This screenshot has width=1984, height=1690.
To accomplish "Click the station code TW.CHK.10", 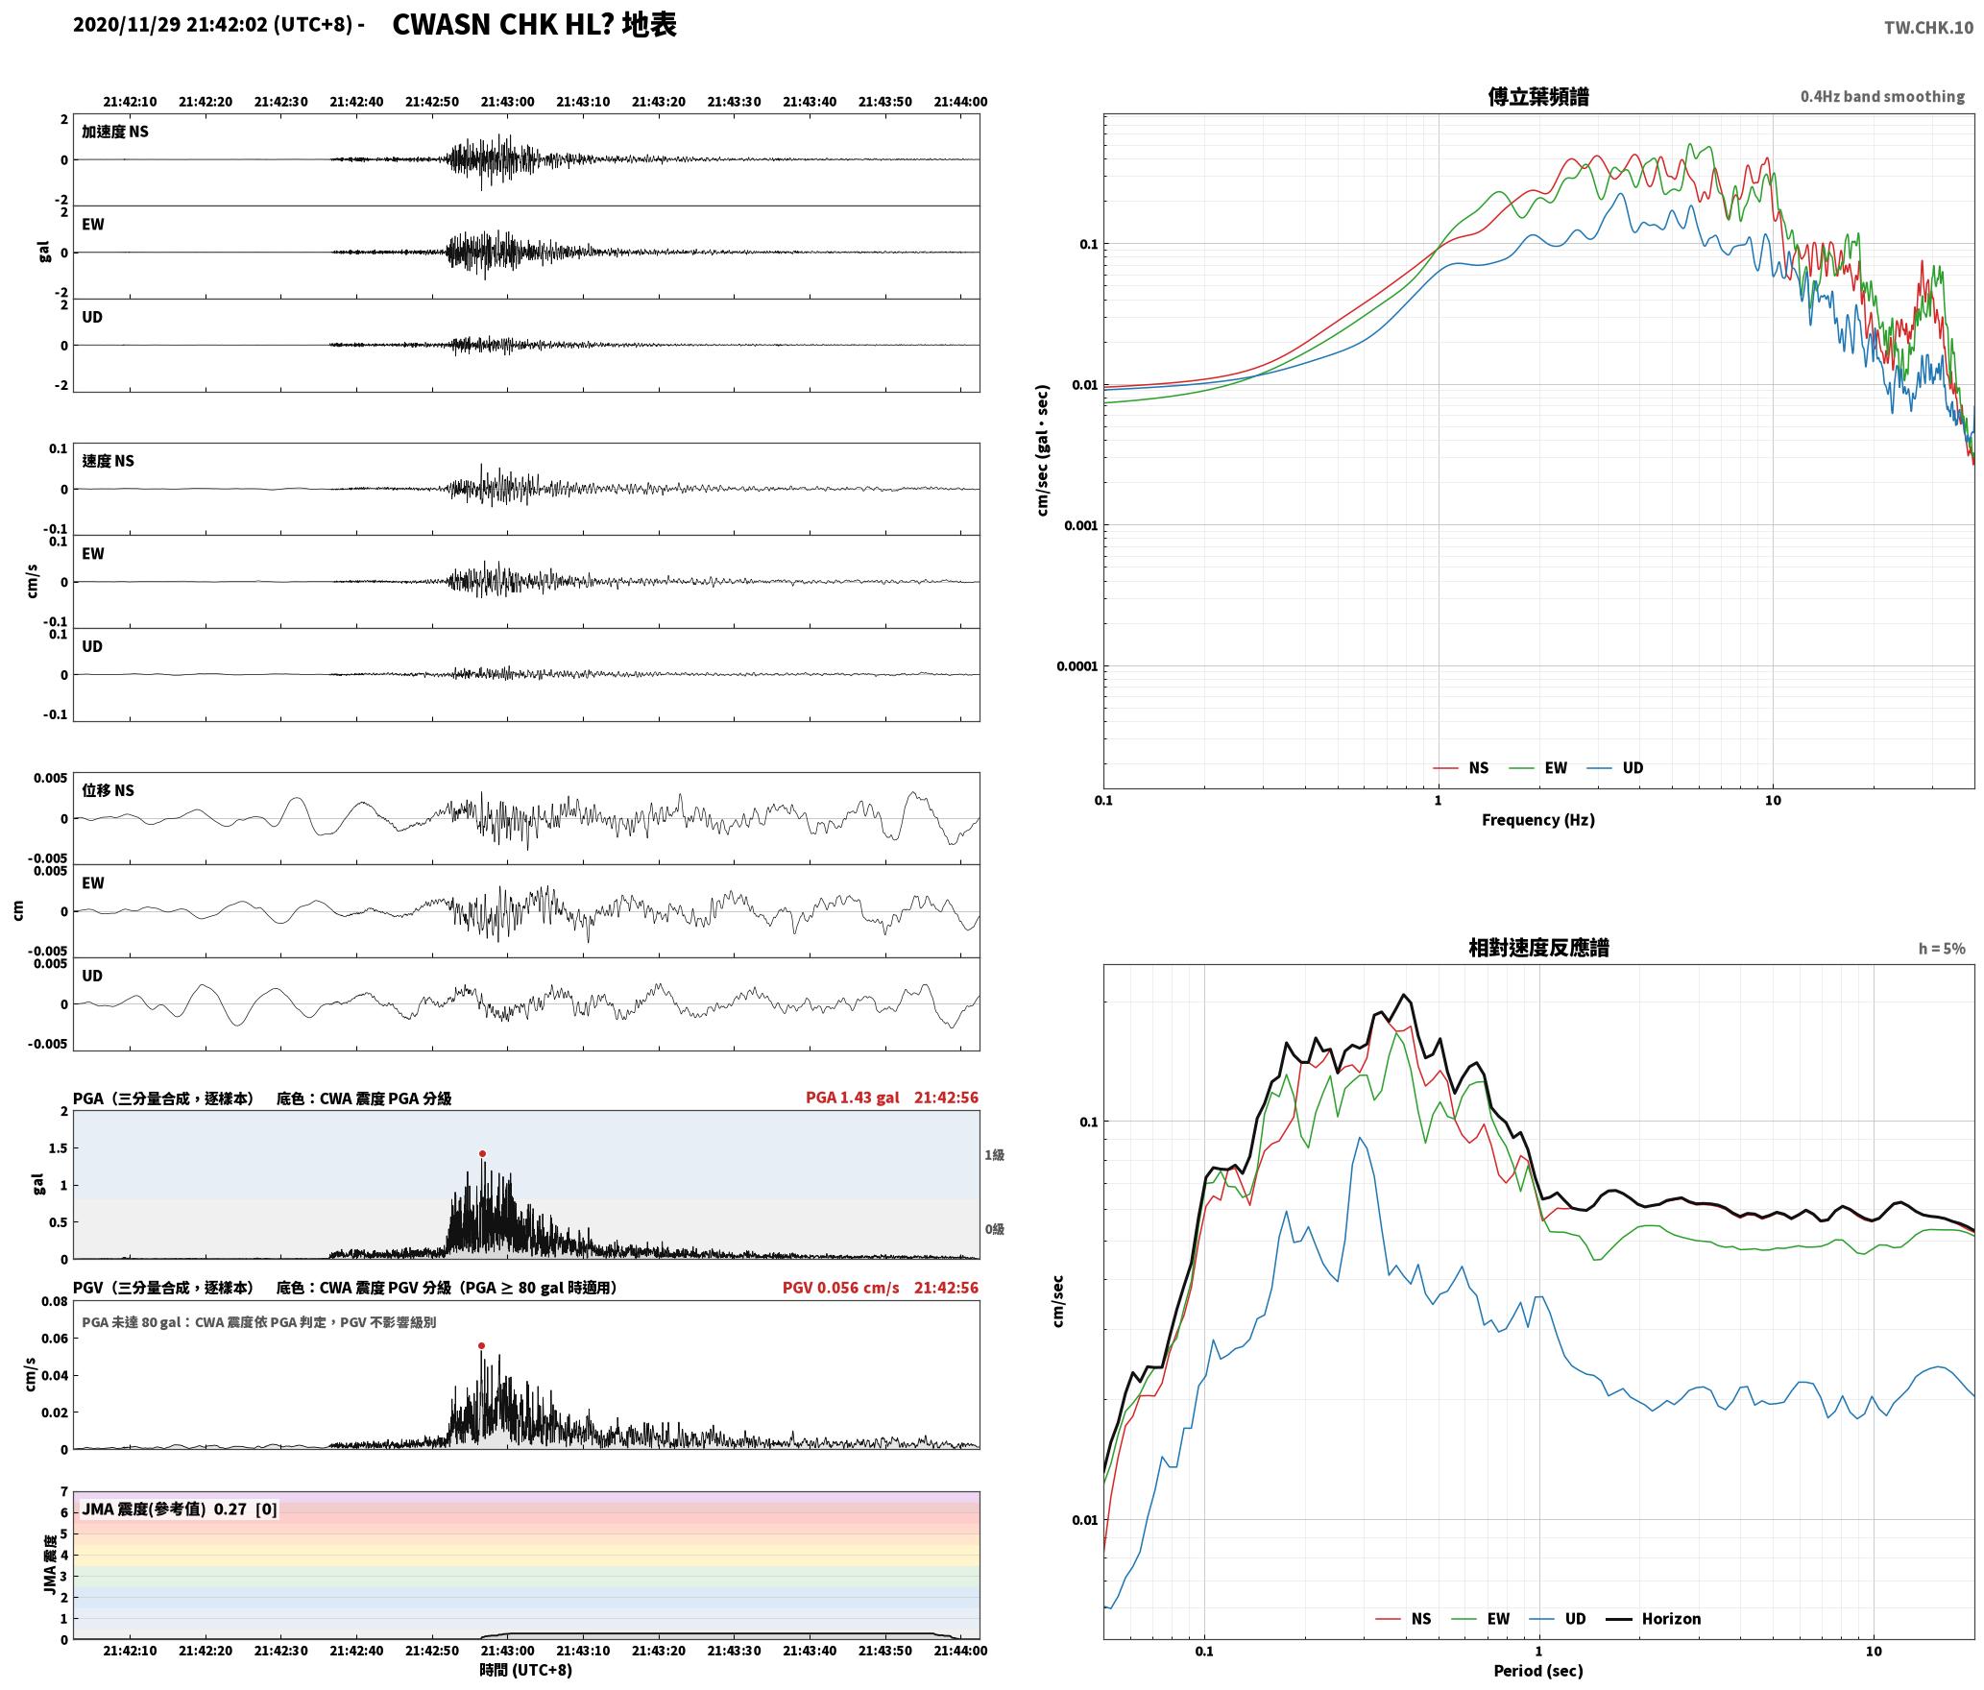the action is pyautogui.click(x=1928, y=28).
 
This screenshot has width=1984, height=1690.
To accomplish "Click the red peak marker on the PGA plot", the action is pyautogui.click(x=482, y=1153).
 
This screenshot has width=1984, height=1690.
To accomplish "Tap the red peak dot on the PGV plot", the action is pyautogui.click(x=481, y=1345).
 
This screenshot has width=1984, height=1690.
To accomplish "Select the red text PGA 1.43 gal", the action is pyautogui.click(x=852, y=1097).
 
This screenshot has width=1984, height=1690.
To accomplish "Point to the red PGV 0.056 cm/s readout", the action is pyautogui.click(x=840, y=1287).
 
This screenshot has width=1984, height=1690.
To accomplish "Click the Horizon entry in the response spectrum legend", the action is pyautogui.click(x=1671, y=1618).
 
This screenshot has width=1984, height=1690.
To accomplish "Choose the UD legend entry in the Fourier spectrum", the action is pyautogui.click(x=1633, y=767).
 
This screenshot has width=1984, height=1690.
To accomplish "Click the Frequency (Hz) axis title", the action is pyautogui.click(x=1537, y=819).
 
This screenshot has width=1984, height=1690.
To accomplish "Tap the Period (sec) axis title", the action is pyautogui.click(x=1537, y=1671).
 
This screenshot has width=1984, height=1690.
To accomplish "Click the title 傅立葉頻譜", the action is pyautogui.click(x=1537, y=96).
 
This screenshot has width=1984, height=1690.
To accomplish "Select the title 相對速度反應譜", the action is pyautogui.click(x=1538, y=948).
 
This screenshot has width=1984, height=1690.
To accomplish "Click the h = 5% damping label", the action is pyautogui.click(x=1942, y=949).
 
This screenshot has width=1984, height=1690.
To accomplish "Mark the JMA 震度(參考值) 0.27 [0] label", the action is pyautogui.click(x=180, y=1509).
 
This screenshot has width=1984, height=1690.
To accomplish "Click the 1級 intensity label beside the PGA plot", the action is pyautogui.click(x=994, y=1154).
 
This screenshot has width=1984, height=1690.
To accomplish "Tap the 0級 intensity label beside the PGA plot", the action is pyautogui.click(x=994, y=1228).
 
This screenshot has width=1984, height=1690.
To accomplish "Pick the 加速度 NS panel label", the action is pyautogui.click(x=115, y=132).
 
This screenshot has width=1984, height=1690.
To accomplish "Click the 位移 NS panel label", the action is pyautogui.click(x=108, y=790).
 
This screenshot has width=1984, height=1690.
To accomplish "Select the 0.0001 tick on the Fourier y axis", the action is pyautogui.click(x=1077, y=666).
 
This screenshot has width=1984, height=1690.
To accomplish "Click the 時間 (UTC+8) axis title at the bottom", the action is pyautogui.click(x=526, y=1669).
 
